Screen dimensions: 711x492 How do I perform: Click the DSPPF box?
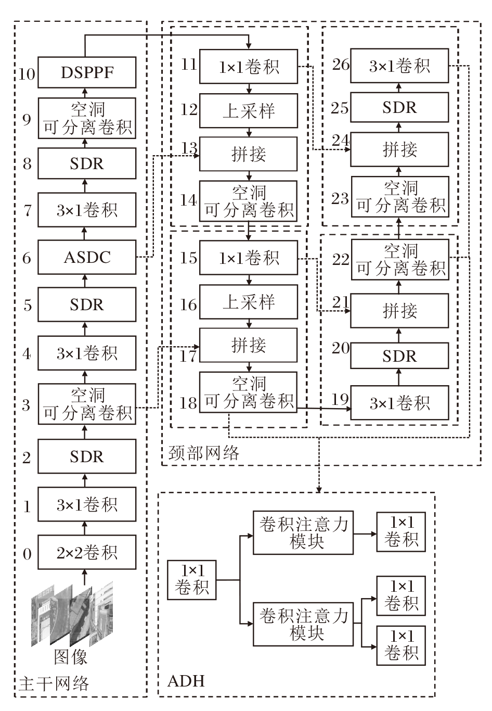(87, 72)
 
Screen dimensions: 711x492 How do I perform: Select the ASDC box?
(87, 257)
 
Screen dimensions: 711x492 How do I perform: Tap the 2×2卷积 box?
(87, 552)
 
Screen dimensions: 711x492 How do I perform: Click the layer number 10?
(27, 73)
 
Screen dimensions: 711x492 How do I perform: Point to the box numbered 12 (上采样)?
(249, 110)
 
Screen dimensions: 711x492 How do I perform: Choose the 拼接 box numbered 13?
(249, 154)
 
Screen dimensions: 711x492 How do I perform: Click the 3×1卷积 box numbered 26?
(399, 66)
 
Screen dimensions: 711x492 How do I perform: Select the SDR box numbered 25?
(399, 108)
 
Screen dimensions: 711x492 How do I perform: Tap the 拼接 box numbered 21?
(399, 311)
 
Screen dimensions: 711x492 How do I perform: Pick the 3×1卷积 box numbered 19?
(399, 403)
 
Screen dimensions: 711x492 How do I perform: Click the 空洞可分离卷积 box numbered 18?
(249, 392)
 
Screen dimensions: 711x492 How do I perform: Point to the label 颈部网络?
(204, 453)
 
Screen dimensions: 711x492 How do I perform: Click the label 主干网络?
(54, 683)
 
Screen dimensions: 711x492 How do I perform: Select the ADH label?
(186, 681)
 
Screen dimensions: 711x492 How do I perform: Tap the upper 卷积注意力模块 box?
(303, 532)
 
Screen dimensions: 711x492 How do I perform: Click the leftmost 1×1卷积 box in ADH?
(192, 579)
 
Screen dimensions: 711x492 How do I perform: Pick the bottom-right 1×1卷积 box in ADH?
(400, 645)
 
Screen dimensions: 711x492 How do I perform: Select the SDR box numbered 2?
(87, 456)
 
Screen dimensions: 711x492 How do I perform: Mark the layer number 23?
(340, 198)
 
